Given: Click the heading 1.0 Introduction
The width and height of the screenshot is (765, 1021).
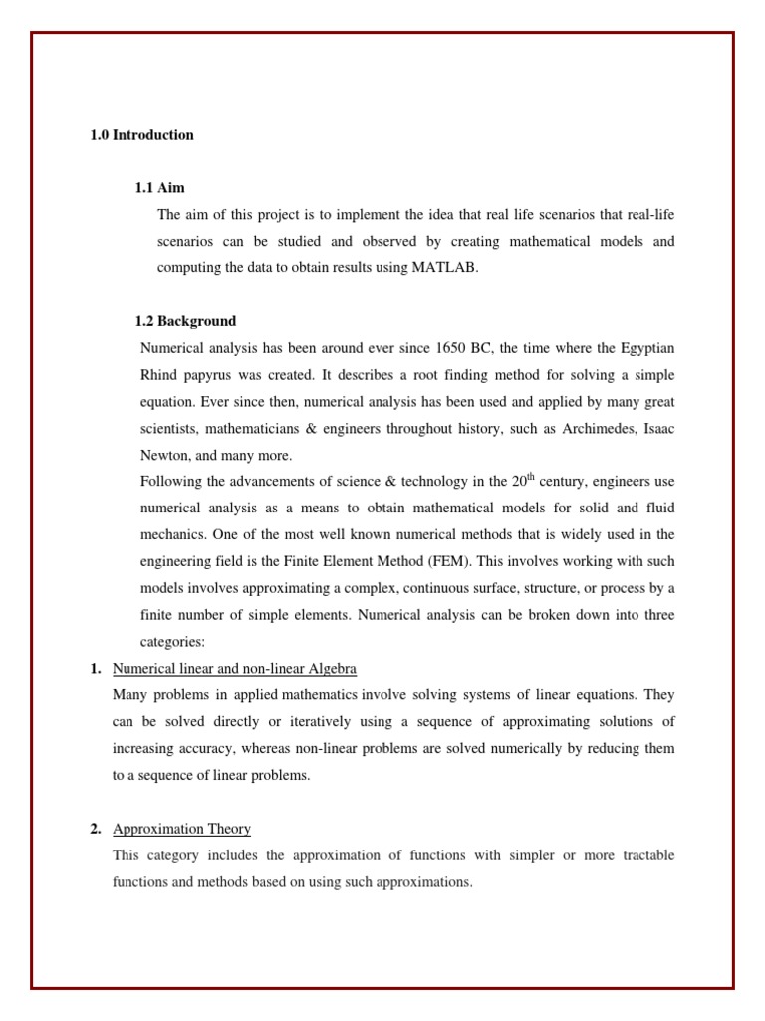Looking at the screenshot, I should click(x=141, y=135).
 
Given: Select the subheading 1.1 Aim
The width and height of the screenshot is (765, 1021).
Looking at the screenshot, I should click(x=159, y=188).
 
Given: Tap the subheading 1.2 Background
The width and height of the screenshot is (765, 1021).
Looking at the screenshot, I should click(x=185, y=321).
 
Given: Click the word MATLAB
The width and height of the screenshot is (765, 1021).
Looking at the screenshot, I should click(x=443, y=268).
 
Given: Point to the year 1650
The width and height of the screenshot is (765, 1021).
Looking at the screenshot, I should click(x=452, y=348).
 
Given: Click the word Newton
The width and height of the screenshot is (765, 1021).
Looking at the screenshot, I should click(x=164, y=456).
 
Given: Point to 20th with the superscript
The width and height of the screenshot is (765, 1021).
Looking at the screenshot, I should click(x=523, y=481).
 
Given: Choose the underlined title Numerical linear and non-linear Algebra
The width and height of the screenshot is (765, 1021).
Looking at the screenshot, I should click(x=234, y=668).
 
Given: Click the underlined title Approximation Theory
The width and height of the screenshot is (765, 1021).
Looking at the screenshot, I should click(x=181, y=829).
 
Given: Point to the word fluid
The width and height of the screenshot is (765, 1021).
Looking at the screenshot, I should click(x=657, y=509).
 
